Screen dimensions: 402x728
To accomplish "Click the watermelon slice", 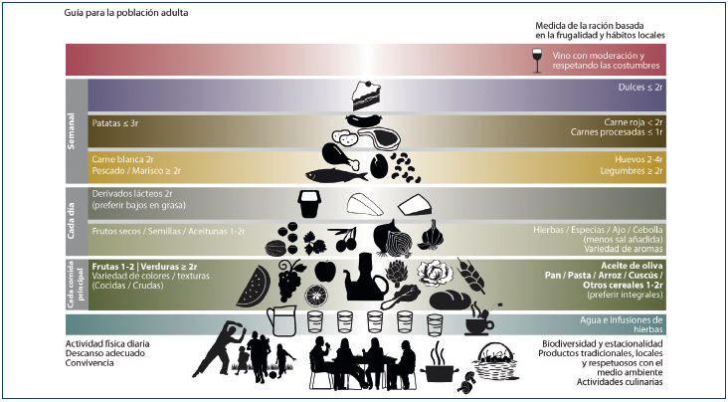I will [253, 288].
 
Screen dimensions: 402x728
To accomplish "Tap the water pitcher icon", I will [282, 322].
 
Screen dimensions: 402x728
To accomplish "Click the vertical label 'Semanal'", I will [72, 130].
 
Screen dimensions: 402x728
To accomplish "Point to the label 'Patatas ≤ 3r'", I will [114, 123].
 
